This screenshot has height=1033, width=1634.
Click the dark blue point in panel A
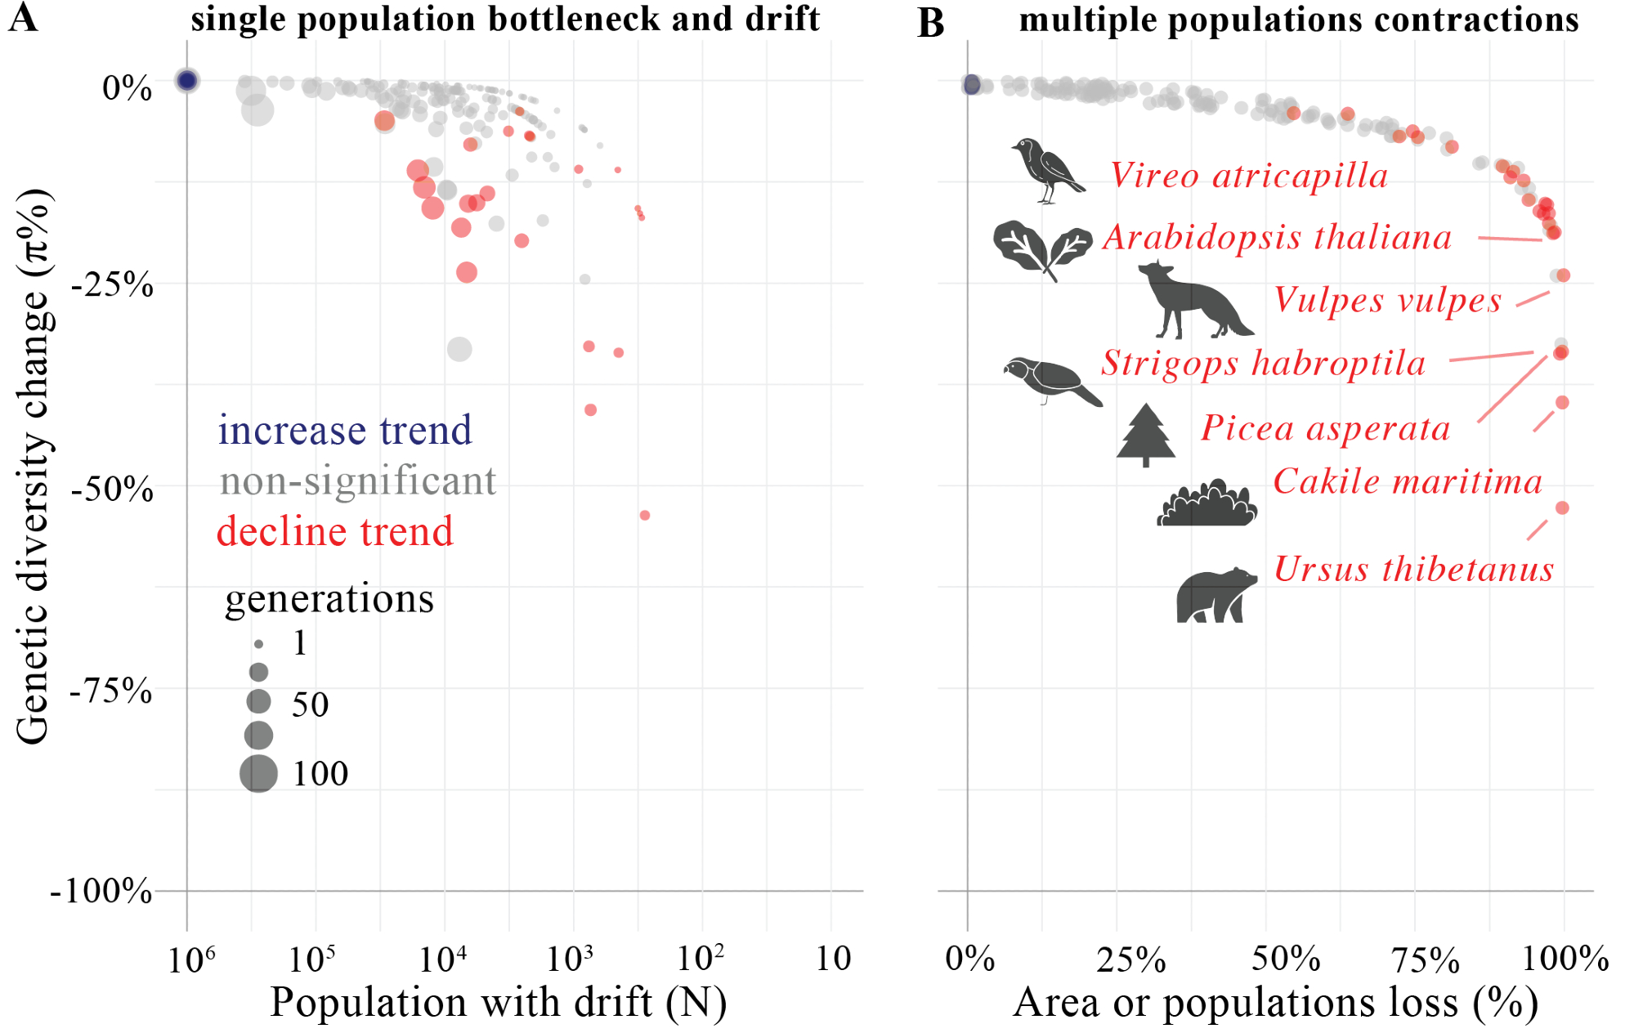187,80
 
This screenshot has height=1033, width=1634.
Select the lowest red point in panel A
645,515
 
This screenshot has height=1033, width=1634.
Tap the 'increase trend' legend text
344,430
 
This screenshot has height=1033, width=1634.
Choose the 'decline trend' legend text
334,531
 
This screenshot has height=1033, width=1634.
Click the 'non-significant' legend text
357,481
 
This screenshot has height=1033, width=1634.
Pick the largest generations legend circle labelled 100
258,773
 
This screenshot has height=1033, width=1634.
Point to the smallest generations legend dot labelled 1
258,645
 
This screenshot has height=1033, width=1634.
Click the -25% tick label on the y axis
112,286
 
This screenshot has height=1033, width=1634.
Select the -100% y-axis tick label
101,891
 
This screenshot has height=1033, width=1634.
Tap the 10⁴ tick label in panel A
443,959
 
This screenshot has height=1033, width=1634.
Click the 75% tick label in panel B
1426,960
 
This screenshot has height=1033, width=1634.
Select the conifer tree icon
1146,435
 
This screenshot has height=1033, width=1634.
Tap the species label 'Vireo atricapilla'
1249,176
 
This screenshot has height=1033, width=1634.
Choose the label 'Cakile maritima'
1408,481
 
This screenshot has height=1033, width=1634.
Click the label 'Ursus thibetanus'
1413,569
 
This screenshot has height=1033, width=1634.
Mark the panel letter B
930,23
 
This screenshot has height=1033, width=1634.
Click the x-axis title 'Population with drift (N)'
498,1003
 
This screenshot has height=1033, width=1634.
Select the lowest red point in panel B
1562,508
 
